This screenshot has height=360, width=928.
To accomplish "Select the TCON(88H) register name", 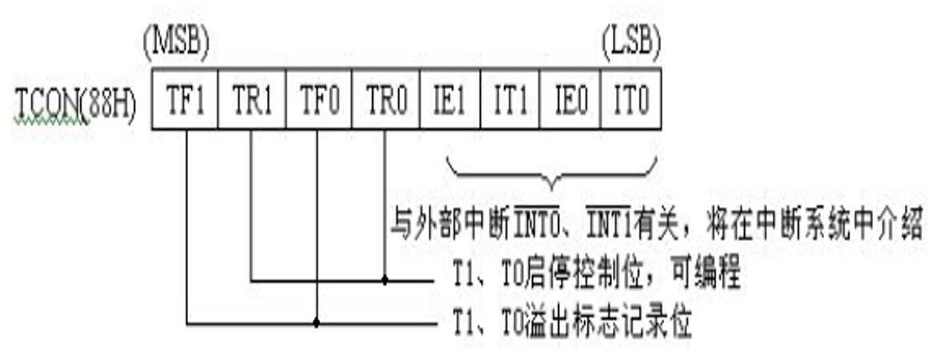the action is click(77, 105).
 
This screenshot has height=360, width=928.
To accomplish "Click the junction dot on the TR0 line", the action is click(385, 282).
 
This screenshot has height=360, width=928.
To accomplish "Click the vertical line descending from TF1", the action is click(186, 224).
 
